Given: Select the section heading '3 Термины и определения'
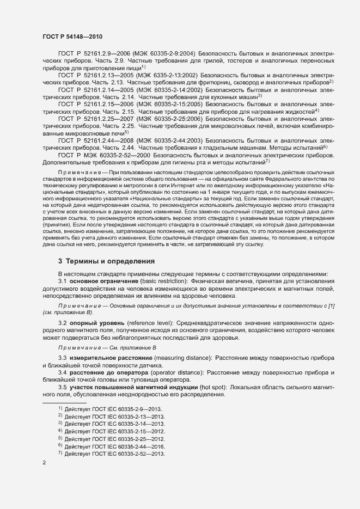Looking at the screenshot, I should pos(107,261).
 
